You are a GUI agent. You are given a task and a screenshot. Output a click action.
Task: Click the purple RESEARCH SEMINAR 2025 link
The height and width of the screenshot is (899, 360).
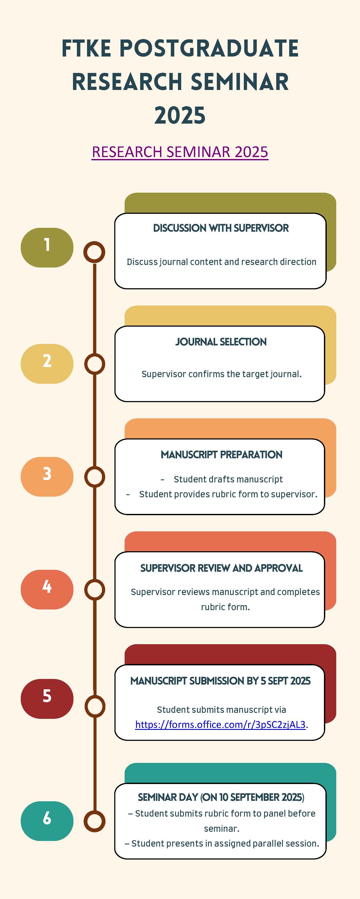point(180,152)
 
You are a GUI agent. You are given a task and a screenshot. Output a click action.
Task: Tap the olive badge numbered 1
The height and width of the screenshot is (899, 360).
point(47,247)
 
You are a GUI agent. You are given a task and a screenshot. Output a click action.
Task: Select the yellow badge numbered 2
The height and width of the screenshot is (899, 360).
point(47,364)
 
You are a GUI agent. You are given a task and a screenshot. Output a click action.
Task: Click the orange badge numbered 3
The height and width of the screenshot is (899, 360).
point(47,476)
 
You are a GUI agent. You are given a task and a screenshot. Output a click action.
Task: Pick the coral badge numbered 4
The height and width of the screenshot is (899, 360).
point(47,589)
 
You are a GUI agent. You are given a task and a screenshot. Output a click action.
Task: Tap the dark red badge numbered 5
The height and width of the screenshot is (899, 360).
point(47,699)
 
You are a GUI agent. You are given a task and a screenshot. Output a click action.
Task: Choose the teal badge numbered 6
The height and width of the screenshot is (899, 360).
point(47,821)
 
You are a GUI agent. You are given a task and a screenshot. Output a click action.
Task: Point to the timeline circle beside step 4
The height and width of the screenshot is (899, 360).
point(94,589)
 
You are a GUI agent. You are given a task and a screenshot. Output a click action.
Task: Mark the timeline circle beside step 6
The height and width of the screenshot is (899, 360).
point(94,821)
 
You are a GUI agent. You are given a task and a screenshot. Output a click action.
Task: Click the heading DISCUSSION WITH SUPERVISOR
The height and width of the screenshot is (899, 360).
point(221,228)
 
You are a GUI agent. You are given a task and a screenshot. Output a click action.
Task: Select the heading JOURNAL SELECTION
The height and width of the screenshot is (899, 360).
point(221,342)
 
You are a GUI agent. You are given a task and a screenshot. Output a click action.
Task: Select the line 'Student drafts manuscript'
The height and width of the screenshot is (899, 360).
point(228,479)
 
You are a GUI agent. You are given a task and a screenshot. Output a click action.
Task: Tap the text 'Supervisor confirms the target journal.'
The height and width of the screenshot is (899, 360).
point(221,374)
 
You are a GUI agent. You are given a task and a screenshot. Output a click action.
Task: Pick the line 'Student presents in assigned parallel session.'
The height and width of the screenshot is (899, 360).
point(225,844)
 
